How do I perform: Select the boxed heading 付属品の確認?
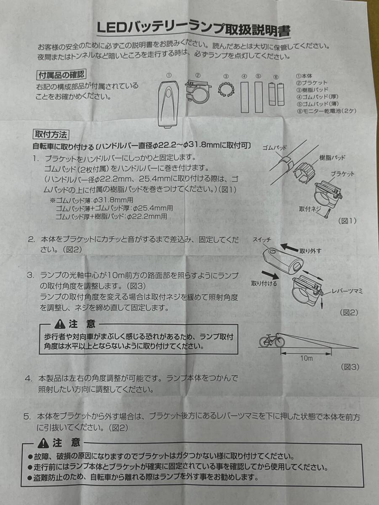tap(61, 74)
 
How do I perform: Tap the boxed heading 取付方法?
tap(51, 134)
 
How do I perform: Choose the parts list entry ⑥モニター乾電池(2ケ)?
tap(326, 112)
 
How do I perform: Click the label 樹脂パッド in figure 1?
tap(332, 158)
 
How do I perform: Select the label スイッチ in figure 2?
tap(262, 240)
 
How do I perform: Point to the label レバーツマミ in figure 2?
tap(347, 292)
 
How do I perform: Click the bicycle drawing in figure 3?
tap(272, 340)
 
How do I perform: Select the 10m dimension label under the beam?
tap(307, 359)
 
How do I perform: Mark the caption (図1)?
tap(347, 221)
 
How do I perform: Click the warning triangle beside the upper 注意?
tap(60, 324)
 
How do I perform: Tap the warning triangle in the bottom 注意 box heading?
tap(43, 442)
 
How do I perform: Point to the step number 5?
tap(27, 417)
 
